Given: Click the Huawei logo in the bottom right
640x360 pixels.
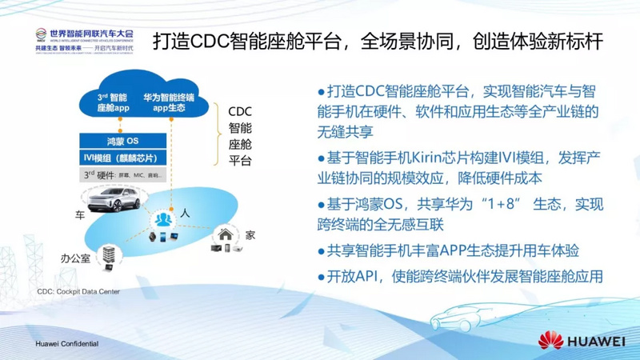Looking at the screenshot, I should pos(581,340).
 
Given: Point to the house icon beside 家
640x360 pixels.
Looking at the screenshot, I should pos(226,234).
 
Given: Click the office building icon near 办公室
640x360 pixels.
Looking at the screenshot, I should pos(107,255).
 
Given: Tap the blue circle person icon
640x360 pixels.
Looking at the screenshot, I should pos(164,218).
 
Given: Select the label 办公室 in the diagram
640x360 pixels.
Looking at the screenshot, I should pos(75,258).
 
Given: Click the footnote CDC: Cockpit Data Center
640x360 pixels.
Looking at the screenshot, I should pos(78,292).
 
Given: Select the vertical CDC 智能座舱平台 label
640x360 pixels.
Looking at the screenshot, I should pos(240,136).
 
